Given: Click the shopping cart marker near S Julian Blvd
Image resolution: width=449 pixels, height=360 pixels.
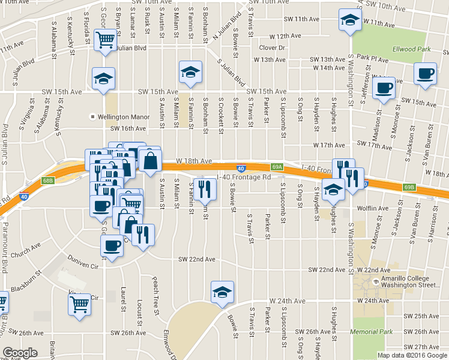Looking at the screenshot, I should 106,40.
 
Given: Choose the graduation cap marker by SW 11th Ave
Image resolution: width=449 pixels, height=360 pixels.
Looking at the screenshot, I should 348,20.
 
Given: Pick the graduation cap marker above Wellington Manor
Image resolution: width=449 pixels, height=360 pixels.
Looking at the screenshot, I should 103,78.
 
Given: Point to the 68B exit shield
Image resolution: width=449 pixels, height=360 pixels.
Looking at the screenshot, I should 49,180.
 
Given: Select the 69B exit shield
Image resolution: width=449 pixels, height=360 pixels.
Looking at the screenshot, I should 409,187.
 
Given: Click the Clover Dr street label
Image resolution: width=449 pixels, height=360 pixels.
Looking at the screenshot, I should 271,47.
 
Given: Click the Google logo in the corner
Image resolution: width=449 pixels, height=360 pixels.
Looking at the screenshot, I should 20,353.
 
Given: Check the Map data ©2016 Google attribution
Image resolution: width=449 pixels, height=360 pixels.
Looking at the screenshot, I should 411,355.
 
